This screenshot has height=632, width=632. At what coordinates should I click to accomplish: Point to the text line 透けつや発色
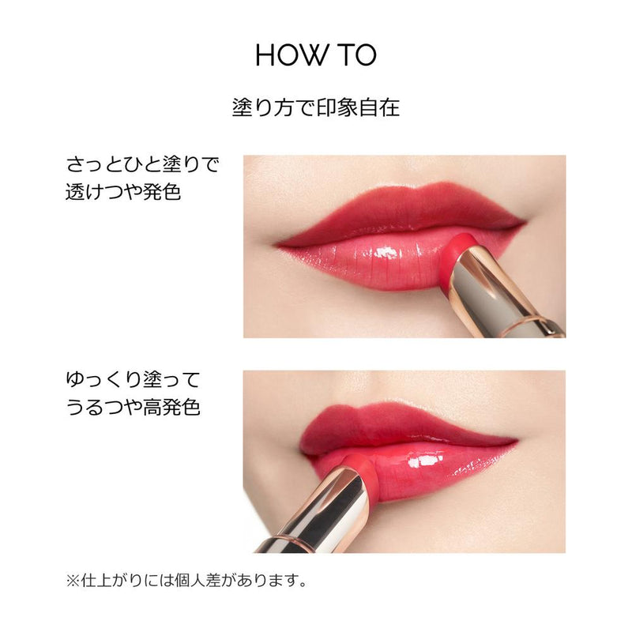click(x=123, y=192)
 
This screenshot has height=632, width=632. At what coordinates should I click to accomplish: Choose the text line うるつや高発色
click(x=133, y=408)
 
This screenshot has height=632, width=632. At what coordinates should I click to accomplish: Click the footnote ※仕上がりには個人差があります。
click(x=186, y=581)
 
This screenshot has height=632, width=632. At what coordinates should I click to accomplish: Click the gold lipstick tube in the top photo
click(x=506, y=292)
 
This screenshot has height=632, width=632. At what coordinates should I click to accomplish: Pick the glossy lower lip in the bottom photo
click(x=442, y=470)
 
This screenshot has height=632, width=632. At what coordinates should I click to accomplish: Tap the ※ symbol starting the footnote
click(x=72, y=581)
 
